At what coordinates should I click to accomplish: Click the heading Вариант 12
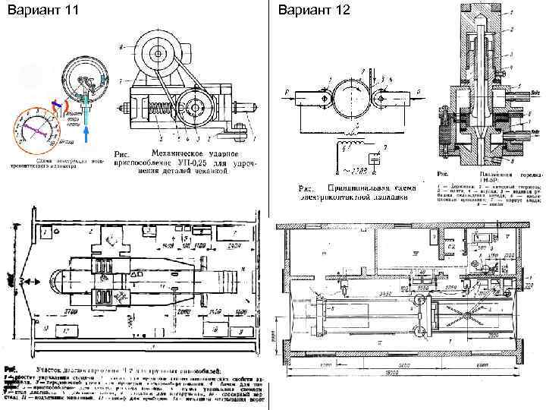(305, 11)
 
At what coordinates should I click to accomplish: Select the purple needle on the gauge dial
(36, 128)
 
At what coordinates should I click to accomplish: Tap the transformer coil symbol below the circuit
(350, 145)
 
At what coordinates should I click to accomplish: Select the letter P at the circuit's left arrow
(287, 93)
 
